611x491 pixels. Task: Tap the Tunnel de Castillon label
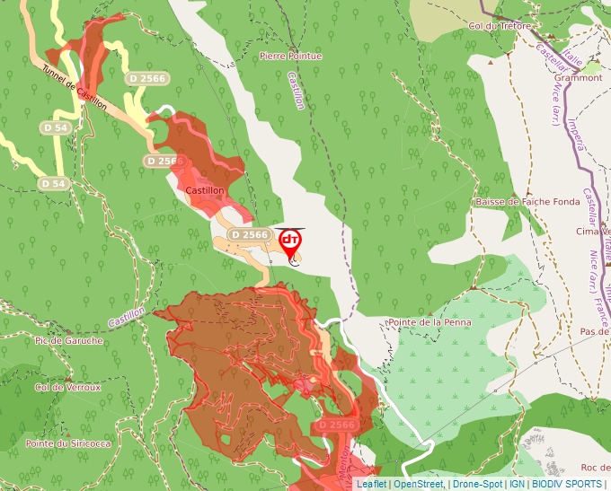point(75,91)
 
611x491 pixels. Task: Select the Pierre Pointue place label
point(289,56)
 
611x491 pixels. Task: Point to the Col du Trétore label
point(500,26)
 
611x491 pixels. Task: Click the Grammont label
point(579,78)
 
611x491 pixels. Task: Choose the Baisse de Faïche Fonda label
point(527,202)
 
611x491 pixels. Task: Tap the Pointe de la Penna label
point(429,322)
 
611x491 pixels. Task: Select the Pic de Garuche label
point(68,341)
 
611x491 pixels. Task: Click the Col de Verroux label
point(67,388)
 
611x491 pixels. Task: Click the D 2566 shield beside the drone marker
point(249,234)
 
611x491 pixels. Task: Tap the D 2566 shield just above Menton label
point(337,424)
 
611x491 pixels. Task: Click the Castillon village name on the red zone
point(204,191)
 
